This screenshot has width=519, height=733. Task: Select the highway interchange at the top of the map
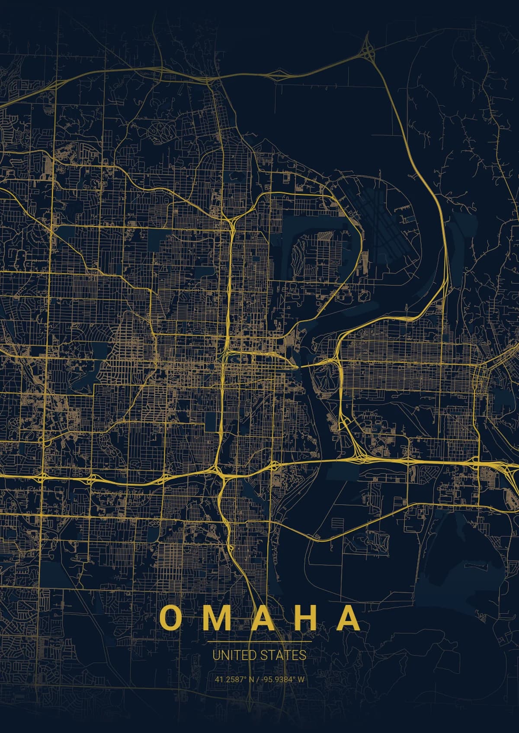(368, 50)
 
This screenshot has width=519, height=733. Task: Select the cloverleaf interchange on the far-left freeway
(43, 476)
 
